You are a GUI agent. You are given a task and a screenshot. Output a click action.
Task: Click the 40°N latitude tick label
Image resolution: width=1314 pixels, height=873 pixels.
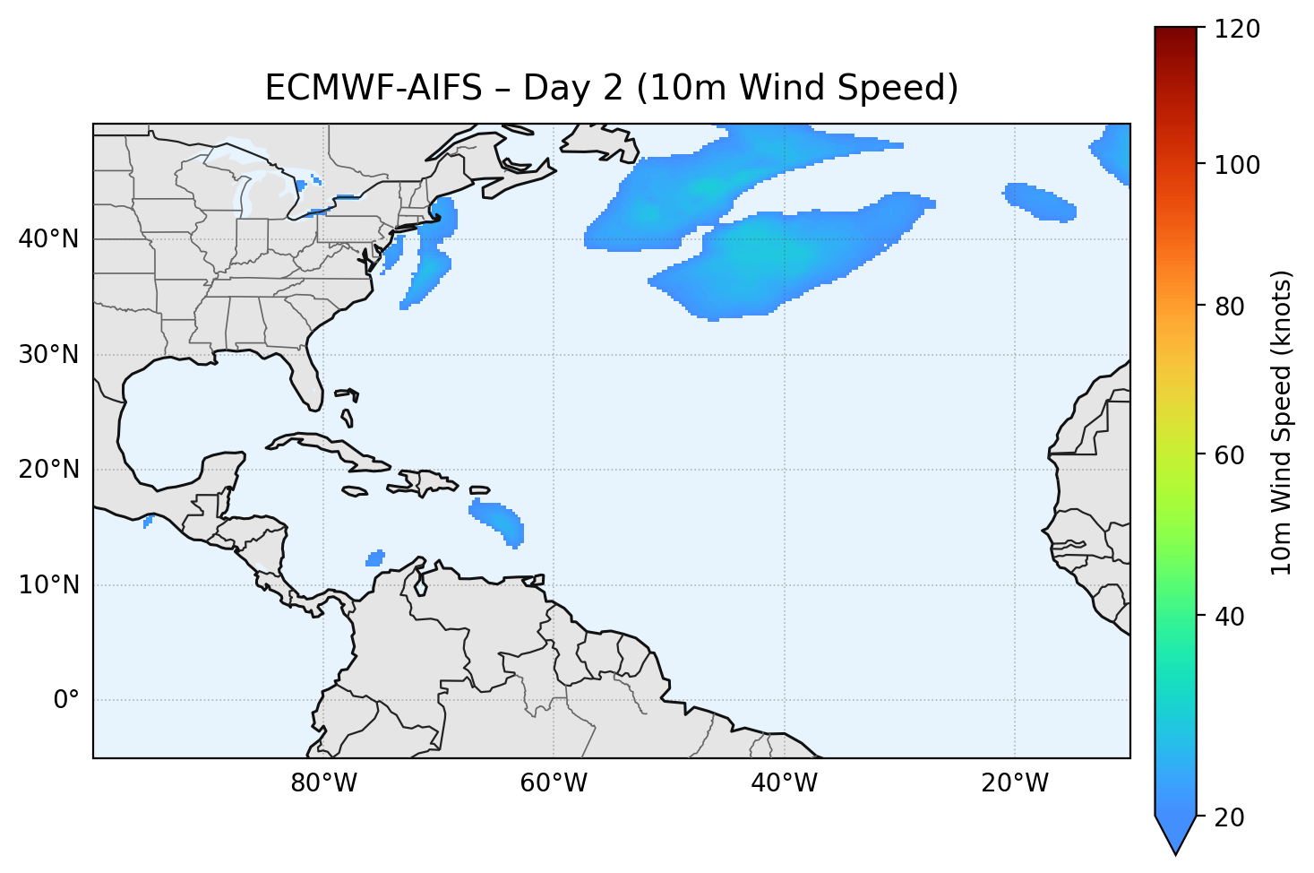click(x=48, y=239)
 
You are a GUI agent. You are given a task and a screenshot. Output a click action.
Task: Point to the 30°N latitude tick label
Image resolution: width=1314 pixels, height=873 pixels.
click(x=48, y=355)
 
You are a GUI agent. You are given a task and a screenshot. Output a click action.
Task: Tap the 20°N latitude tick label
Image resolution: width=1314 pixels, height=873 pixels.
click(x=48, y=470)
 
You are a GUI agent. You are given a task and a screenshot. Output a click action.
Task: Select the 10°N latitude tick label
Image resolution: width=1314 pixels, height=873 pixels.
click(x=48, y=585)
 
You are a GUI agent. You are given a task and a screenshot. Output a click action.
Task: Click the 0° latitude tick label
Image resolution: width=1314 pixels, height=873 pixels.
click(x=66, y=700)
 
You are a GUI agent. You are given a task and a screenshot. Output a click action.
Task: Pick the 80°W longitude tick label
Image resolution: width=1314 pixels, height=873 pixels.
click(x=323, y=783)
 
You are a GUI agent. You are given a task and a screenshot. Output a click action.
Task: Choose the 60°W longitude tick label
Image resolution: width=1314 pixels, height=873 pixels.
click(x=554, y=783)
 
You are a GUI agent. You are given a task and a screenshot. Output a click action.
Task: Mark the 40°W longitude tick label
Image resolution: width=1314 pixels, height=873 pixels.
click(x=784, y=783)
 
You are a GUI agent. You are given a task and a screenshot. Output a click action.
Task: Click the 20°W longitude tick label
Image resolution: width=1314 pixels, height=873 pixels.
click(x=1014, y=783)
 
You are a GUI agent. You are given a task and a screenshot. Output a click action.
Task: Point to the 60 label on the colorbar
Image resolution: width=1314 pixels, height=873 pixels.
click(x=1232, y=455)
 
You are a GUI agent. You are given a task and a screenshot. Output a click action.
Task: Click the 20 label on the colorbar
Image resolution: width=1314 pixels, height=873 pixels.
click(x=1232, y=817)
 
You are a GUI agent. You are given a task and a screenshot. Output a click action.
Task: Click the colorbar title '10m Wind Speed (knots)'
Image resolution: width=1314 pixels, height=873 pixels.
click(x=1282, y=423)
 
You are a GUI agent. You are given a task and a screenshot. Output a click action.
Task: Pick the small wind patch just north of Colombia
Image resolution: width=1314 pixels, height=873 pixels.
click(x=375, y=558)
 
